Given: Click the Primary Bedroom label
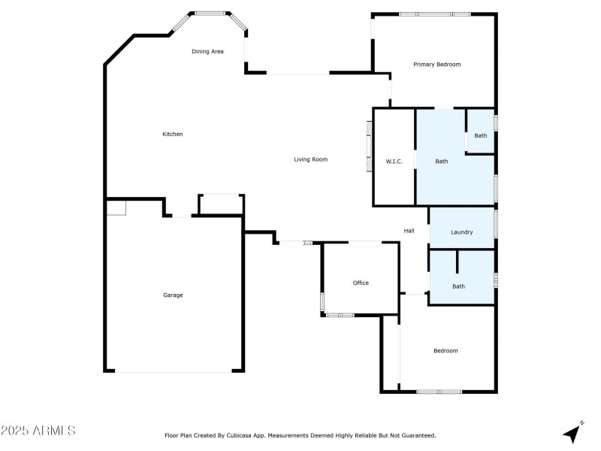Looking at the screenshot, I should coord(436,65).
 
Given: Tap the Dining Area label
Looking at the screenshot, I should coord(207,51).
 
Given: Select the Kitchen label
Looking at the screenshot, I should coord(173,135).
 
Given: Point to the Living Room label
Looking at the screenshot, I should coord(310,159).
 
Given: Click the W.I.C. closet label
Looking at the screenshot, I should coord(394,162).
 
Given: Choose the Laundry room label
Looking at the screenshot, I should coord(461,232).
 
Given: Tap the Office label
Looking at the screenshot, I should coord(361,283).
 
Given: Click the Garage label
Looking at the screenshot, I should coord(173,295).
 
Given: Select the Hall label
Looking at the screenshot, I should coord(409,231).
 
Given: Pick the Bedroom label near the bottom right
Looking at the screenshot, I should coord(445,351).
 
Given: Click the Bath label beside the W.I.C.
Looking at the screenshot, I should coord(442,162).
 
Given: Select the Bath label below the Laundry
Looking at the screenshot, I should coord(458,286).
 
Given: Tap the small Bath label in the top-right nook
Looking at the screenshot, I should coord(480,136).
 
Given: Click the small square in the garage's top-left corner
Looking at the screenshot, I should coord(116,208).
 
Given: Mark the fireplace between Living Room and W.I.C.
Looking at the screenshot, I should coord(369,147).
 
